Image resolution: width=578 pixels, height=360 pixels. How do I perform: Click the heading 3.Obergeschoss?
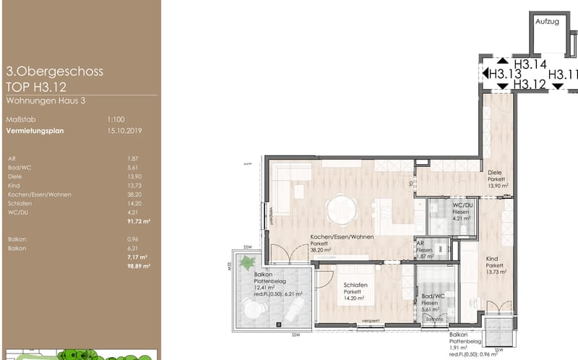point(54,72)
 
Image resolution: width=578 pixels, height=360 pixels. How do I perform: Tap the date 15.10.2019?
point(124,130)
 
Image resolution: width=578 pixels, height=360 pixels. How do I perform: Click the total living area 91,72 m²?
point(138,221)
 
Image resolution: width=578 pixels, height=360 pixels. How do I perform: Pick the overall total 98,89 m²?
point(138,266)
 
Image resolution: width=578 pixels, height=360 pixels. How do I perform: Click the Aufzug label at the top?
point(547,22)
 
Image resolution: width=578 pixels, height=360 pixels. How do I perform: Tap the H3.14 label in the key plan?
point(530,64)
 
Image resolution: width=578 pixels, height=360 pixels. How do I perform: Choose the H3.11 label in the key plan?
point(562,74)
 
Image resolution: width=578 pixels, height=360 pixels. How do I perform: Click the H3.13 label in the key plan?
point(505,74)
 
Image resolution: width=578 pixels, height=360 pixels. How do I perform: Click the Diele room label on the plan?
point(495,173)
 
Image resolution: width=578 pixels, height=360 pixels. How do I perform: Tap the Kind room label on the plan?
point(492,259)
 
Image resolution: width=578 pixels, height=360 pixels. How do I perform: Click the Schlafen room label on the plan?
point(355,286)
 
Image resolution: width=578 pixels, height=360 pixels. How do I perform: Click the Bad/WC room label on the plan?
point(431,296)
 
